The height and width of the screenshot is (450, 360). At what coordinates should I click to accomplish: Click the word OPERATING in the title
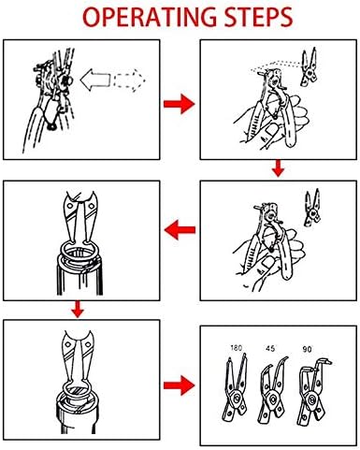[x=150, y=17]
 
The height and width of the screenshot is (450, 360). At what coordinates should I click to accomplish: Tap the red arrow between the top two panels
[x=180, y=104]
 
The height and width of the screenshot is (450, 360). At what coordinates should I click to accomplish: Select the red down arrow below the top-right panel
[x=279, y=168]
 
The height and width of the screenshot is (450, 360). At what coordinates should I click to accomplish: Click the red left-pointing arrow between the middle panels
[x=180, y=230]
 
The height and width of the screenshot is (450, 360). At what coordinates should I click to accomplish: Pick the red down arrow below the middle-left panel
[x=78, y=310]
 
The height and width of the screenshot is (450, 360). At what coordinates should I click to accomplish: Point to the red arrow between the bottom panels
[x=180, y=385]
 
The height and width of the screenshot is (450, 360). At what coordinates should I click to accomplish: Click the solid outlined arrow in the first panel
[x=95, y=80]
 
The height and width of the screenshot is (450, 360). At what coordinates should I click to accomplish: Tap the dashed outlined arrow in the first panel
[x=130, y=80]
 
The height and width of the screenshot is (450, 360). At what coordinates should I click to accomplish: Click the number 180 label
[x=236, y=348]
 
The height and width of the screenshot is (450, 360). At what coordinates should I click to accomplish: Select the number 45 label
[x=270, y=348]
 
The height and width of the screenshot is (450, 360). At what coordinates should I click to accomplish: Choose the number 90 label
[x=307, y=349]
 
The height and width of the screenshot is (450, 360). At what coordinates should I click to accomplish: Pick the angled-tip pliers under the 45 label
[x=272, y=391]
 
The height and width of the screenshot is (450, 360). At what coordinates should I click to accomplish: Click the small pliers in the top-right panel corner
[x=310, y=67]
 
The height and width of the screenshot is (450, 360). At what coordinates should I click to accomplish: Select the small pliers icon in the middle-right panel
[x=312, y=208]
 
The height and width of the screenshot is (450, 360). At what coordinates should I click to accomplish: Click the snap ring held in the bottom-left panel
[x=77, y=386]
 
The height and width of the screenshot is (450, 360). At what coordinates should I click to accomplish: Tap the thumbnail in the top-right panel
[x=269, y=131]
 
